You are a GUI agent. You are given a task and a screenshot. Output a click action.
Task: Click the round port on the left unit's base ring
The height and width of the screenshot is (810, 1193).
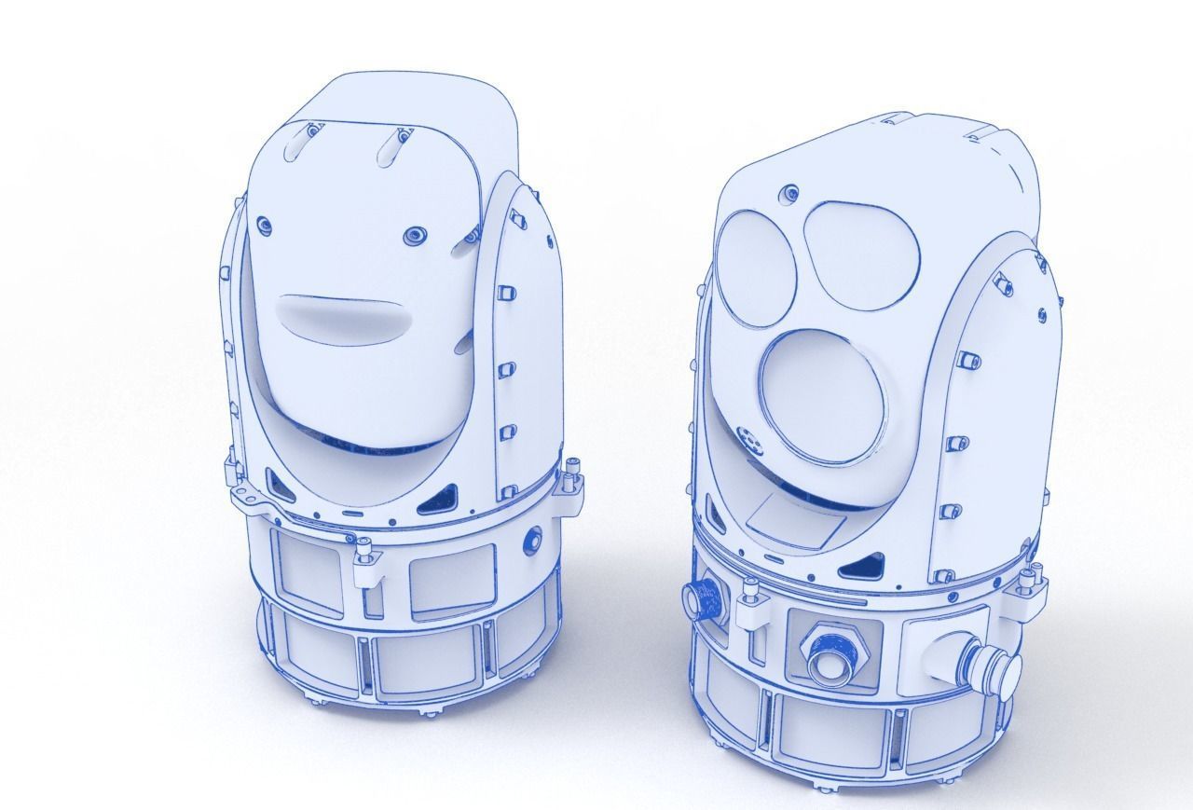tap(533, 538)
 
